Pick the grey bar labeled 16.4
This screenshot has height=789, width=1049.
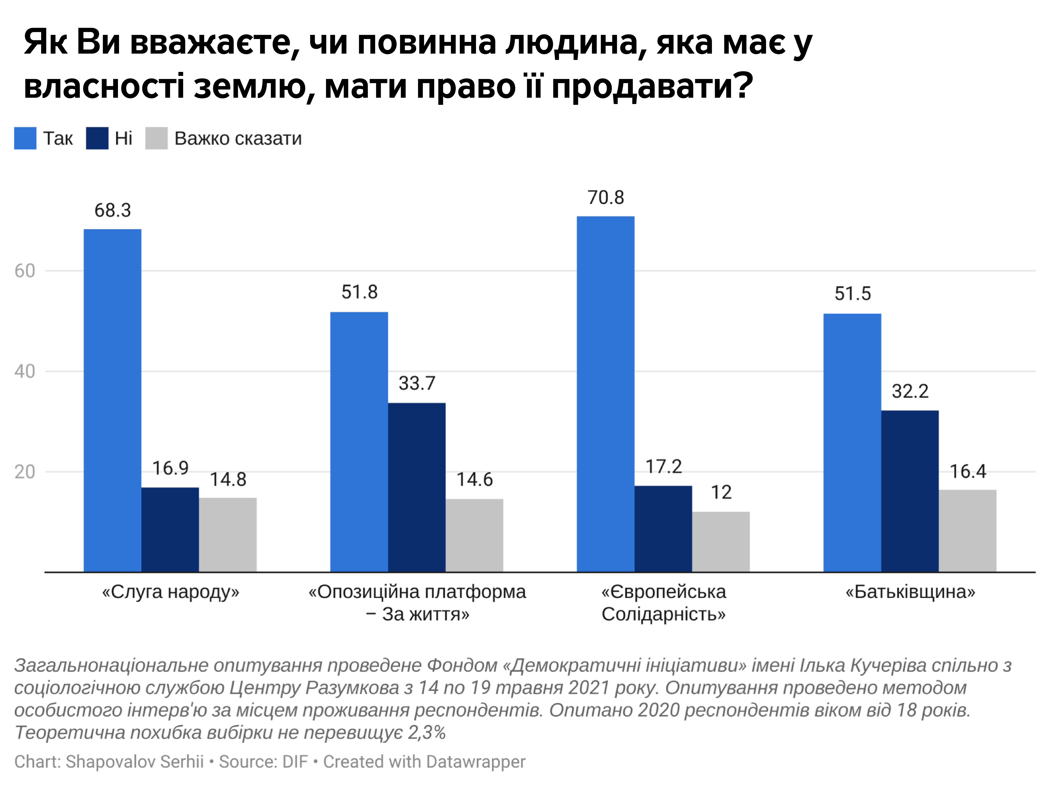967,530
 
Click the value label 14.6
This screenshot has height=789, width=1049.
474,480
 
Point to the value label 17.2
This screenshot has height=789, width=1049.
663,467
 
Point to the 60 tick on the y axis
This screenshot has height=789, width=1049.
25,271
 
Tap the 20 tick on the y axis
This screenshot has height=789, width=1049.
25,472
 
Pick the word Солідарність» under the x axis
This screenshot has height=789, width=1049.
663,614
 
